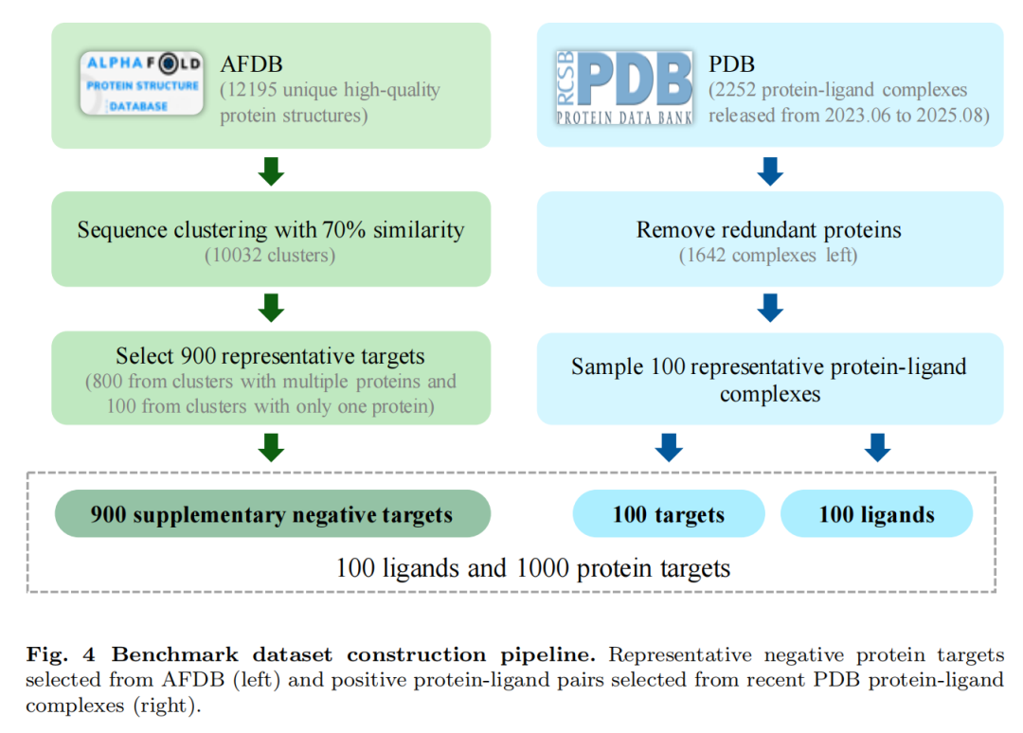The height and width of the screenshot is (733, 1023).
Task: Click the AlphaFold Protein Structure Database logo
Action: [141, 83]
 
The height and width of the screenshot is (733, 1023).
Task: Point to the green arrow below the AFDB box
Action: [272, 170]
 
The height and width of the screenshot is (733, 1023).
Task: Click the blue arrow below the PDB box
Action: [770, 170]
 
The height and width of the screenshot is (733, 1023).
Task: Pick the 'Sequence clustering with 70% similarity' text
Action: [271, 230]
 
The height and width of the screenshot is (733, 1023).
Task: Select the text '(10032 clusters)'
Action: [271, 256]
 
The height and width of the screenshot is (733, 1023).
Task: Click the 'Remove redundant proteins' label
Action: [769, 230]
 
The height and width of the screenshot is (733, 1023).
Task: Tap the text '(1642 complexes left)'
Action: [769, 256]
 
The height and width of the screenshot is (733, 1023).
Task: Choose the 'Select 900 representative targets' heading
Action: [271, 356]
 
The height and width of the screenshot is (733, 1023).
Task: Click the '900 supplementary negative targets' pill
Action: [272, 514]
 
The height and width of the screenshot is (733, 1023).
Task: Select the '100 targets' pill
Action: [668, 515]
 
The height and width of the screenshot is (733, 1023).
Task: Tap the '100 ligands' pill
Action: [876, 515]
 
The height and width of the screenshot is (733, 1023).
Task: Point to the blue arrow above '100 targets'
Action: [669, 447]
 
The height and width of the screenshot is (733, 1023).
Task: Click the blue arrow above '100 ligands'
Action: [877, 447]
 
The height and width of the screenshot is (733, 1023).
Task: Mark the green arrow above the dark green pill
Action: [272, 447]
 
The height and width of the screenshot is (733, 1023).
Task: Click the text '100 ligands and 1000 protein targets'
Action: [533, 568]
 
